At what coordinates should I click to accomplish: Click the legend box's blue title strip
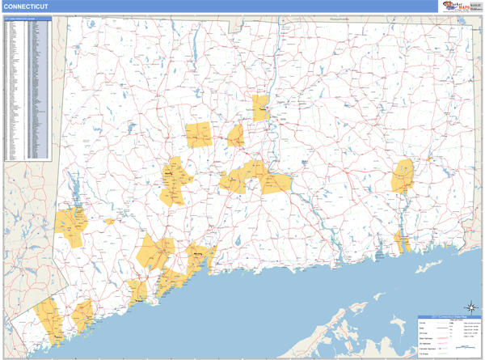click(x=449, y=317)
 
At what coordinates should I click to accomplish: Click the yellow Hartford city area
click(x=261, y=108)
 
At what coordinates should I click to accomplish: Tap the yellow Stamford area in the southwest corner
click(x=49, y=319)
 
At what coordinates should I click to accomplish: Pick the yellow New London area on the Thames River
click(x=402, y=240)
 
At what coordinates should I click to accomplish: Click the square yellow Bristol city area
click(x=198, y=135)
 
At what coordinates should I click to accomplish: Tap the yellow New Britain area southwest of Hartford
click(x=236, y=135)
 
